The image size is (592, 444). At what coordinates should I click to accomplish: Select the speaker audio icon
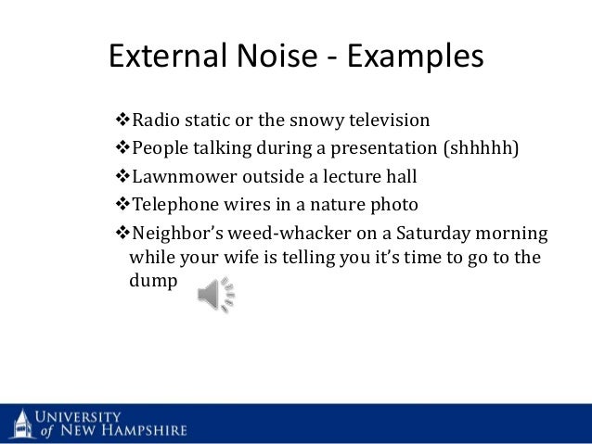point(216,296)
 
